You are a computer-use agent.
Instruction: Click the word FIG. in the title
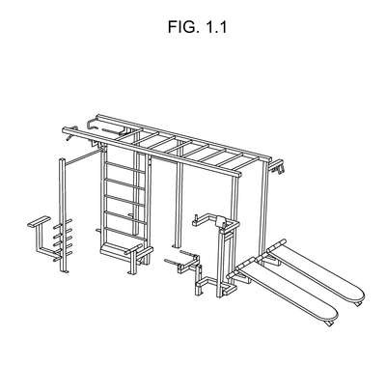pyautogui.click(x=182, y=27)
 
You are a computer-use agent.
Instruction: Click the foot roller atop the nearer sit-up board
pyautogui.click(x=244, y=266)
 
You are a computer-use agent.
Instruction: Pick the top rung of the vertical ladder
pyautogui.click(x=125, y=168)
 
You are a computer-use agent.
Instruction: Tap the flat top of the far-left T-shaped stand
pyautogui.click(x=39, y=221)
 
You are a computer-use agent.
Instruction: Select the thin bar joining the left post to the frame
pyautogui.click(x=83, y=157)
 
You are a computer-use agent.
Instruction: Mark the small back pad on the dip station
pyautogui.click(x=222, y=221)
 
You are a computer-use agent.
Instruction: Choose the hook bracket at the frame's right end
pyautogui.click(x=277, y=167)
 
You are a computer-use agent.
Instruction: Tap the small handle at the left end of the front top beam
pyautogui.click(x=71, y=133)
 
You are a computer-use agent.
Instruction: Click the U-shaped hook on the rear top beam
pyautogui.click(x=94, y=126)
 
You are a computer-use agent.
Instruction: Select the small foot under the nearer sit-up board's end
pyautogui.click(x=328, y=324)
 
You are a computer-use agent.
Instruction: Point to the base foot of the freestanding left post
pyautogui.click(x=65, y=271)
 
